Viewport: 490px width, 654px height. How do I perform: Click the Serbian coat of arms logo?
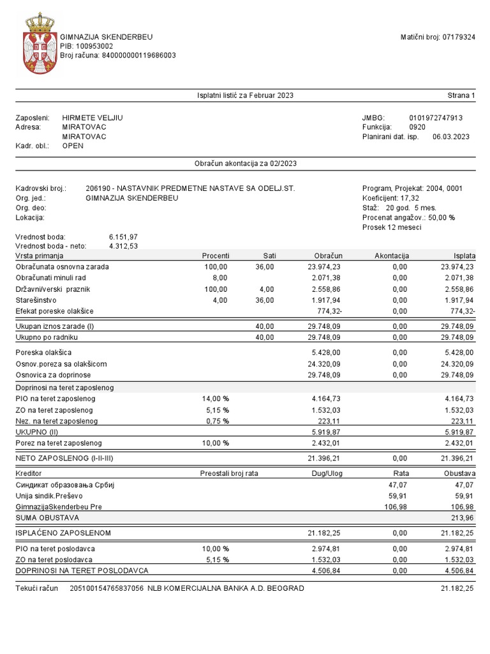click(39, 44)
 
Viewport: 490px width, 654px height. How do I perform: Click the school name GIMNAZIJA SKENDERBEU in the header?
click(107, 37)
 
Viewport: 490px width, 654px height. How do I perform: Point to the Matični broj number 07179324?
click(459, 37)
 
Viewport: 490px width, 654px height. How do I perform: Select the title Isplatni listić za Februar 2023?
click(245, 95)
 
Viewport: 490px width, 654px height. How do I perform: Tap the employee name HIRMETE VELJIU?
click(93, 118)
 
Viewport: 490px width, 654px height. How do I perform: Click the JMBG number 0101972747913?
click(436, 118)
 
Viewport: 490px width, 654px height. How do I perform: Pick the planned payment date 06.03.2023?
click(450, 136)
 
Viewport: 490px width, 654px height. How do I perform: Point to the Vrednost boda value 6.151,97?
click(123, 237)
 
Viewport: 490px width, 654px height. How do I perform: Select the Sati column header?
click(269, 255)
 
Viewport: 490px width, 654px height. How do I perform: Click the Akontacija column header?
click(392, 255)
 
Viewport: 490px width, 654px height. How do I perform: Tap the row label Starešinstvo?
click(37, 300)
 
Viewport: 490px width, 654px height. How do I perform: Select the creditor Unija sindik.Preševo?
click(49, 495)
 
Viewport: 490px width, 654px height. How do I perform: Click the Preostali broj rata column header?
click(228, 473)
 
